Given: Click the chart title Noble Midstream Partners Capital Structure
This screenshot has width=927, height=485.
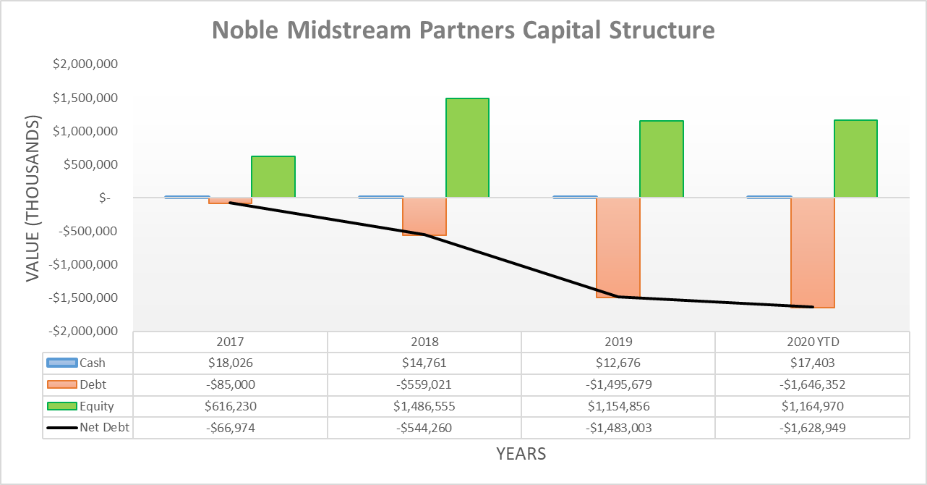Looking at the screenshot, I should tap(463, 30).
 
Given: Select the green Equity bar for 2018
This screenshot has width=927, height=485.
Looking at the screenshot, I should tap(467, 148).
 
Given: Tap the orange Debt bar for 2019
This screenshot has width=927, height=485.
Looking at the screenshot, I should tap(618, 247).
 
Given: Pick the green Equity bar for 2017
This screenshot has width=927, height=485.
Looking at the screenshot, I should tap(273, 177).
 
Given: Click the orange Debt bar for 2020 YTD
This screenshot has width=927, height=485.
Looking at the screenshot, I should tap(812, 253).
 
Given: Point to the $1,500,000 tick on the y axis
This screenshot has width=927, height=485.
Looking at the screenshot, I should tap(85, 98).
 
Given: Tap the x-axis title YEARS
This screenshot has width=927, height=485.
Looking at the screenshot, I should tap(521, 454).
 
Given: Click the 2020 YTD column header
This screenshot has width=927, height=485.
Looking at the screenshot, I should tap(812, 342).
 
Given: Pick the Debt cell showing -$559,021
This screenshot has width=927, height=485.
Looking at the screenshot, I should tap(424, 384).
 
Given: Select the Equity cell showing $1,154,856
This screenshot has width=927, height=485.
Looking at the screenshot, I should tap(618, 406).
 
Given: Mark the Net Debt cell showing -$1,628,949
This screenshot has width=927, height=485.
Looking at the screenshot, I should tap(812, 428).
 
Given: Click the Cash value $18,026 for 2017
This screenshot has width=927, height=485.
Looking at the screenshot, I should tap(230, 363).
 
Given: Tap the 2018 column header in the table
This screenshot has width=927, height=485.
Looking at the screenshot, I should tap(424, 342).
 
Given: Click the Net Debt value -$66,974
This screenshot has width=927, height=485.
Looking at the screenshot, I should tap(230, 428).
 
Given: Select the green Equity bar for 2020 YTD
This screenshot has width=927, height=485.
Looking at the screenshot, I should tap(855, 159).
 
